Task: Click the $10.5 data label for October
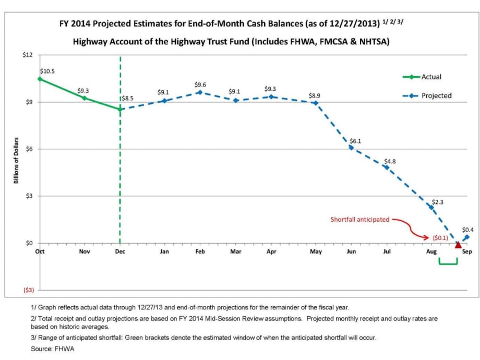[47, 70]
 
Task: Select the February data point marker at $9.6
[199, 92]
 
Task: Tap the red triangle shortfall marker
[458, 245]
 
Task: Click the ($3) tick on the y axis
[27, 290]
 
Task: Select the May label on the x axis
[316, 251]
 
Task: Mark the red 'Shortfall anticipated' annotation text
[359, 220]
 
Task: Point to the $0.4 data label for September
[467, 230]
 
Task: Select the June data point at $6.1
[351, 148]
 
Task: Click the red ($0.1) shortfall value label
[440, 238]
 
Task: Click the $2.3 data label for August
[437, 201]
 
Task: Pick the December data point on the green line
[121, 109]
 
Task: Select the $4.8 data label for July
[390, 161]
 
